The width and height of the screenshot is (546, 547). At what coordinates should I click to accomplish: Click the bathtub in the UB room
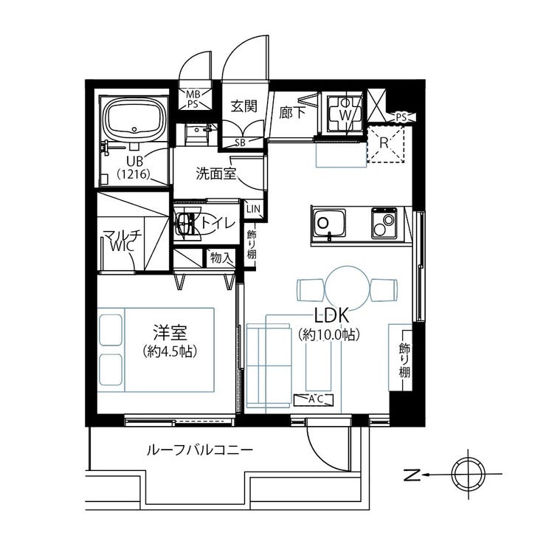click(136, 118)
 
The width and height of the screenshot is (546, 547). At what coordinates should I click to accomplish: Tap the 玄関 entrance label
click(244, 106)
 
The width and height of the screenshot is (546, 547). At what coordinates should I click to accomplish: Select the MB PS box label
click(192, 99)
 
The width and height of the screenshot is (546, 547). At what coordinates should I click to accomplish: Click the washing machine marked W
click(345, 113)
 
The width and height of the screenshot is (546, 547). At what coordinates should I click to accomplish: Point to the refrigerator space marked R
click(385, 144)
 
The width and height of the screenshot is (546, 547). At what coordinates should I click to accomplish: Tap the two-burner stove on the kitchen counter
click(384, 223)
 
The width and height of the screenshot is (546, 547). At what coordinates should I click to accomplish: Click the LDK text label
click(331, 316)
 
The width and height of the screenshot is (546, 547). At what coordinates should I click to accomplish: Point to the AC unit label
click(314, 399)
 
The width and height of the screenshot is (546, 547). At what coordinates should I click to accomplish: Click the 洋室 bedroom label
click(170, 333)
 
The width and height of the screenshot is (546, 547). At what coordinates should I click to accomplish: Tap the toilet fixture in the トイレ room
click(187, 223)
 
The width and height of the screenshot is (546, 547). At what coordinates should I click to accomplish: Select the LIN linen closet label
click(253, 209)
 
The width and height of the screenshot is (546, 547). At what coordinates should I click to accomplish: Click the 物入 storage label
click(221, 258)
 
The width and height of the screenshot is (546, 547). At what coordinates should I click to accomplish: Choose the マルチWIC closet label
click(122, 241)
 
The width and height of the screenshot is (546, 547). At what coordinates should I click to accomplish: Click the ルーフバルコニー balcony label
click(200, 450)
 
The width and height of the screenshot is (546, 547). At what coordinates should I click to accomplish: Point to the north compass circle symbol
click(469, 474)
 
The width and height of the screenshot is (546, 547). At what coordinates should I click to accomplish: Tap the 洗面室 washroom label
click(216, 173)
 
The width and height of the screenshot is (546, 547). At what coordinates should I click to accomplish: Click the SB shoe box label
click(241, 142)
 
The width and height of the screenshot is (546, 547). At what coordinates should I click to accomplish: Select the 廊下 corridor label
click(292, 112)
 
